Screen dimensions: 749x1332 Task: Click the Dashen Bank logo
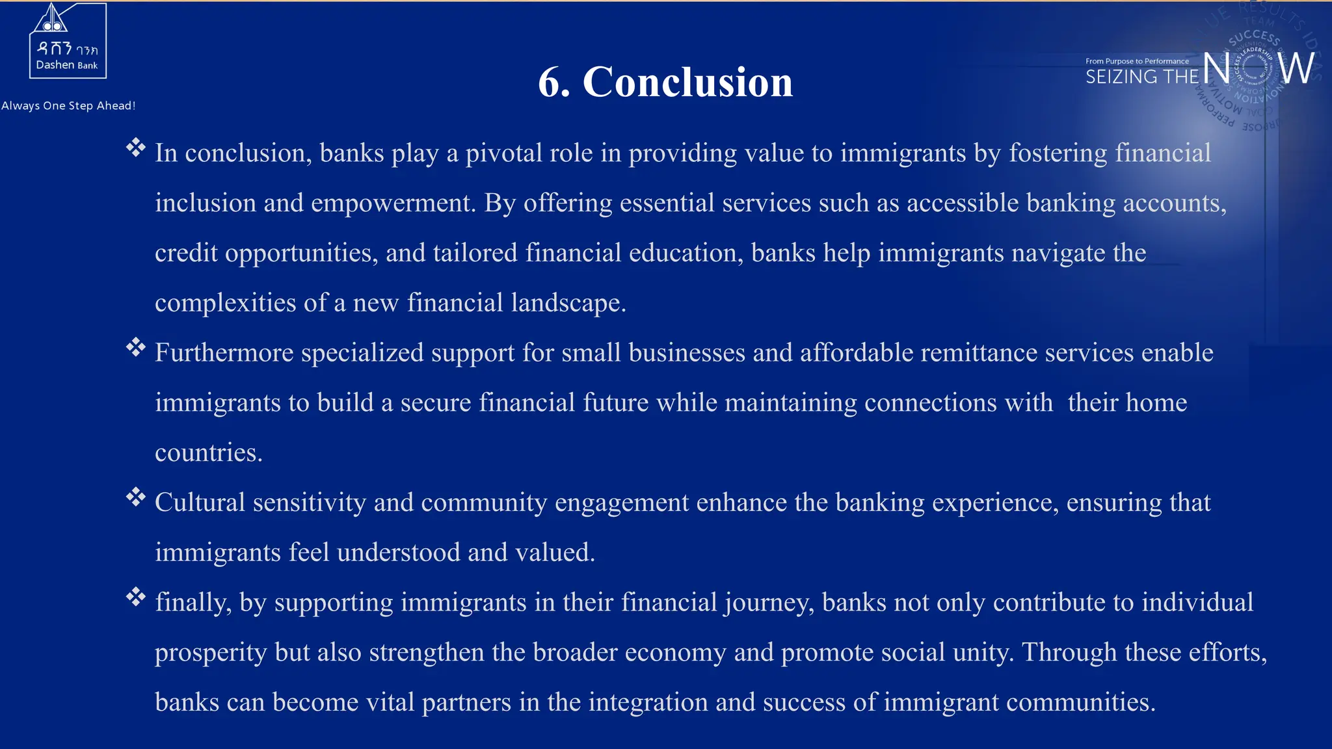(68, 41)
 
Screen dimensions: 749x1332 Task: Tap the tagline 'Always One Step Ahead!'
(68, 106)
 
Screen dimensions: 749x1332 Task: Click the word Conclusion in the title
(687, 83)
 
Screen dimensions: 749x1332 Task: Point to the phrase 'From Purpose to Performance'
(1137, 61)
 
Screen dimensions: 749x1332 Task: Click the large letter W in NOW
(1297, 68)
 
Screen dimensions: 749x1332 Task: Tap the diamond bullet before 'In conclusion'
(135, 148)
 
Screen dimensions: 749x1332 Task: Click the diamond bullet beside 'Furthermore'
(135, 347)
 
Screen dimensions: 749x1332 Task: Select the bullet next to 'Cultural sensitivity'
(135, 497)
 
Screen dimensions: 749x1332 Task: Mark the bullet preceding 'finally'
(135, 596)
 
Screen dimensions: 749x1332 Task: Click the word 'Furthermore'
(224, 353)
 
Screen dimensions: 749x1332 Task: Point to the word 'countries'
(207, 453)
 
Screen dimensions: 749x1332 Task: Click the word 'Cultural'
(200, 503)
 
